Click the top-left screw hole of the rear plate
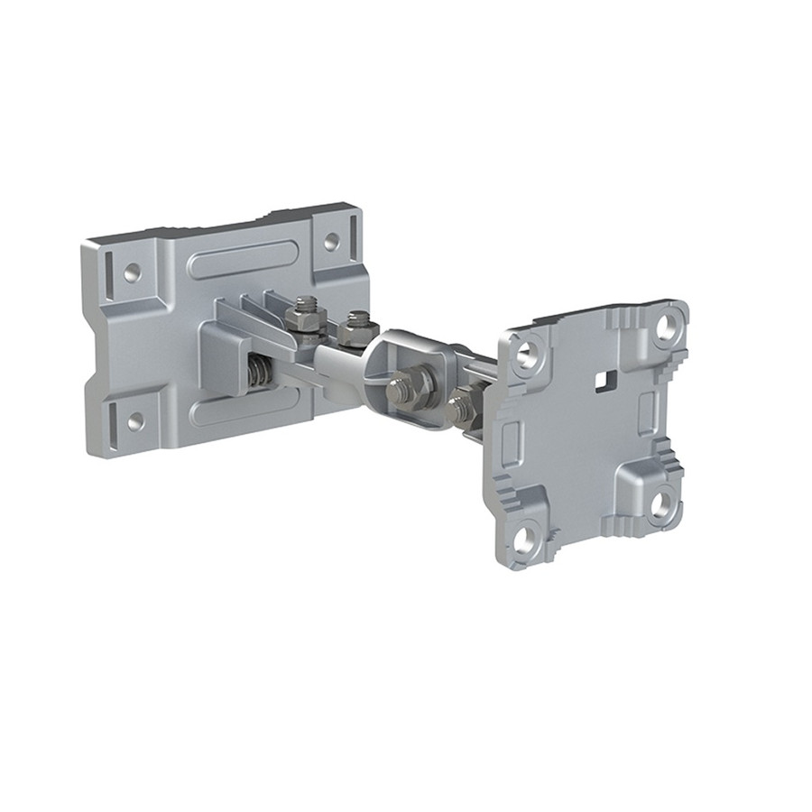[133, 270]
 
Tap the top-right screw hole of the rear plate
[331, 242]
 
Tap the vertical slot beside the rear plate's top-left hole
[108, 266]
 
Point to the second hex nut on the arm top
[358, 322]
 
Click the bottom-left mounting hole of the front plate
[523, 537]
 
